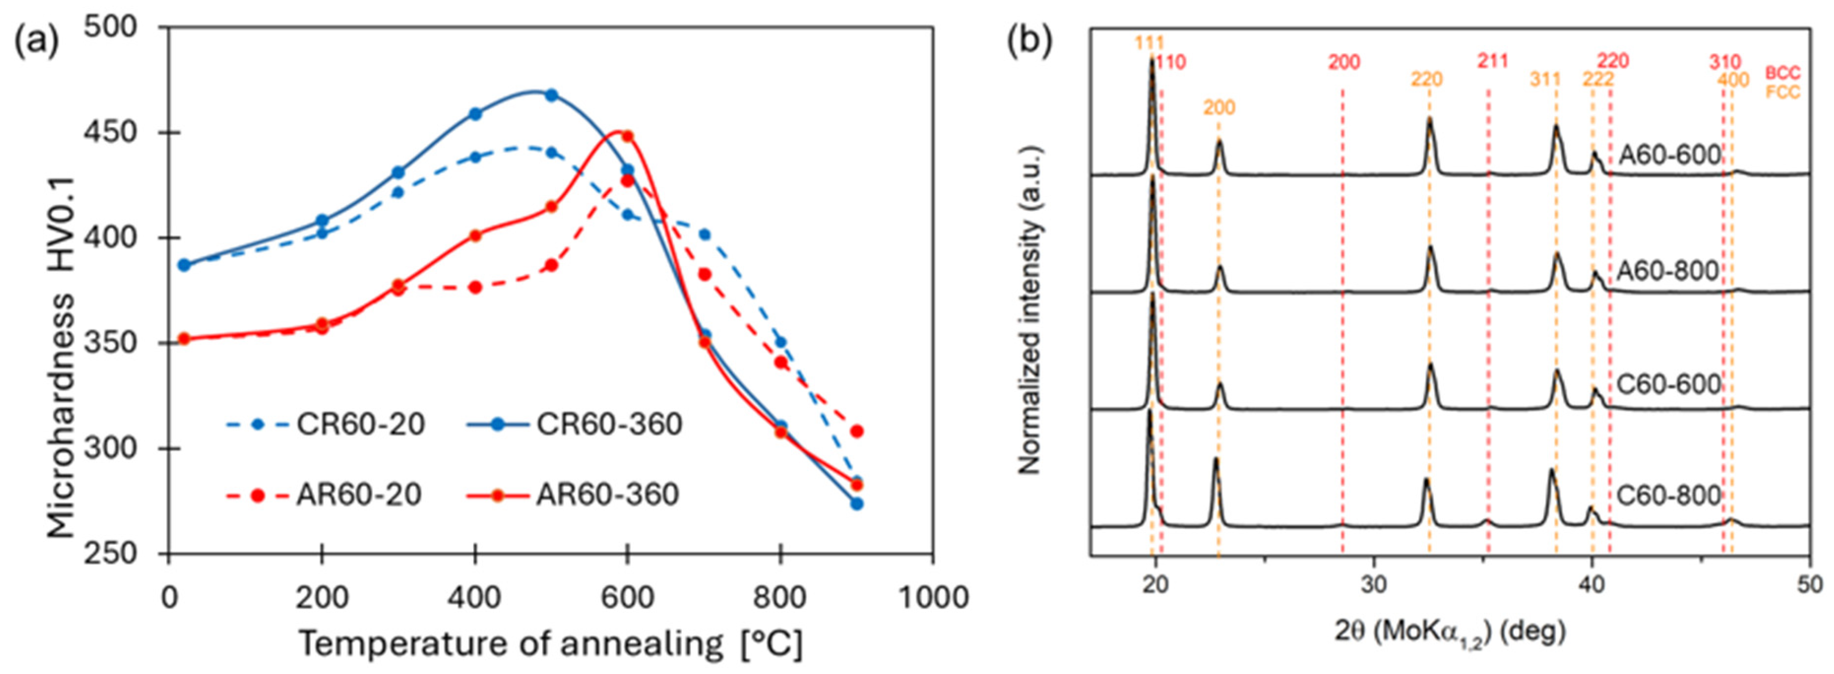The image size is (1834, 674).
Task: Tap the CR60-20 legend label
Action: pyautogui.click(x=360, y=424)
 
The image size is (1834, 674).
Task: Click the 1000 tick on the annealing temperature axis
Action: pyautogui.click(x=932, y=598)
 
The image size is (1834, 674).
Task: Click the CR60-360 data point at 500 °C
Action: pyautogui.click(x=551, y=95)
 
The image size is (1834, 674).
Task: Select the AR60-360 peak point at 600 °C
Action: pyautogui.click(x=627, y=136)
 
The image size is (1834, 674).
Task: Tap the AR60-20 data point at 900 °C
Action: pyautogui.click(x=857, y=431)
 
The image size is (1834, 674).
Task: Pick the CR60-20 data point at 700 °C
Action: pyautogui.click(x=704, y=234)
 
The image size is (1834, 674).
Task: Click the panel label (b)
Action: pyautogui.click(x=1029, y=43)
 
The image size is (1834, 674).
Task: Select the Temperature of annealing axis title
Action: pyautogui.click(x=550, y=644)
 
